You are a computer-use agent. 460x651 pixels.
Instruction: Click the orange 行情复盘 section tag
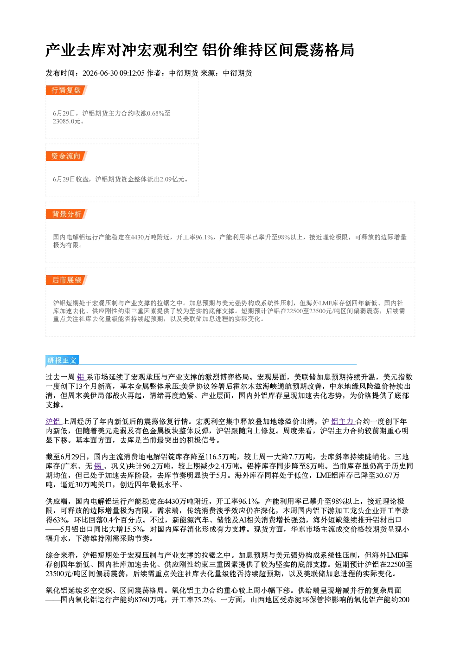pyautogui.click(x=66, y=90)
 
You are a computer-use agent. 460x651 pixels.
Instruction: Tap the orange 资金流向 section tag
pyautogui.click(x=66, y=156)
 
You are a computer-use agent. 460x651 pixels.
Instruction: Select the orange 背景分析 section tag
pyautogui.click(x=66, y=214)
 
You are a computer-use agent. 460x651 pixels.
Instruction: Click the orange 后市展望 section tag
pyautogui.click(x=66, y=280)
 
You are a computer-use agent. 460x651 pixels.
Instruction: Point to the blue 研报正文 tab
pyautogui.click(x=62, y=361)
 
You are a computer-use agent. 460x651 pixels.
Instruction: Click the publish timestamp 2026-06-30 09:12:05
pyautogui.click(x=114, y=73)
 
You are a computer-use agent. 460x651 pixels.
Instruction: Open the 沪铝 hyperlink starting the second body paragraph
pyautogui.click(x=53, y=422)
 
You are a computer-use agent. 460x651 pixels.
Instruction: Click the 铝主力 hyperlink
pyautogui.click(x=342, y=422)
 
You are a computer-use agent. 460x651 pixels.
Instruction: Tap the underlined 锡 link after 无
pyautogui.click(x=98, y=466)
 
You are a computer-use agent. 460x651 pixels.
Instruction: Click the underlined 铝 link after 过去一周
pyautogui.click(x=81, y=377)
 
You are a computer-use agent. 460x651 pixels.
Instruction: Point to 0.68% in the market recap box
pyautogui.click(x=155, y=113)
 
